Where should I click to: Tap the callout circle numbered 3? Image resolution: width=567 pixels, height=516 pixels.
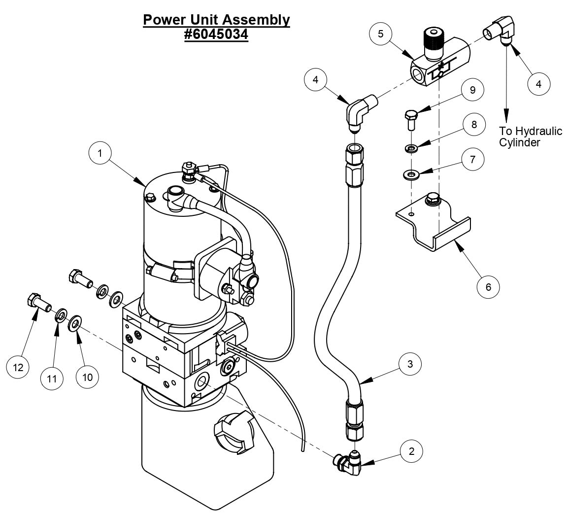[x=410, y=364]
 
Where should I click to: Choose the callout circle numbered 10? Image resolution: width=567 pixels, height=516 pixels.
[x=88, y=377]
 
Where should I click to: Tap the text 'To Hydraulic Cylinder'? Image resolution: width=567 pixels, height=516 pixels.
[x=523, y=137]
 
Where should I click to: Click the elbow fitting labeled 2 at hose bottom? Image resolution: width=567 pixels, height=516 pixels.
[x=351, y=464]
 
